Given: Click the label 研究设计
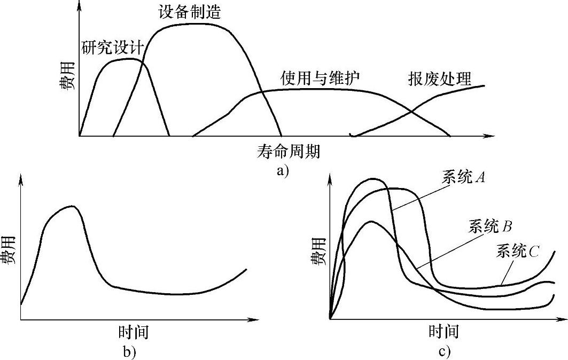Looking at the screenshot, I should pyautogui.click(x=112, y=48).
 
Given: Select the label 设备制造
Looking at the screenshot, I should pyautogui.click(x=190, y=12).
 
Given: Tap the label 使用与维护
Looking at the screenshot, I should pyautogui.click(x=320, y=78).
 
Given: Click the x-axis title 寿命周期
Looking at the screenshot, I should pyautogui.click(x=288, y=152).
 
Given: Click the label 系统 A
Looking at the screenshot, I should pyautogui.click(x=463, y=178).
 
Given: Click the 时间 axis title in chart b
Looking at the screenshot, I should pyautogui.click(x=133, y=332).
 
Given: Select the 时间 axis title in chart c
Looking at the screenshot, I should pyautogui.click(x=443, y=332).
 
